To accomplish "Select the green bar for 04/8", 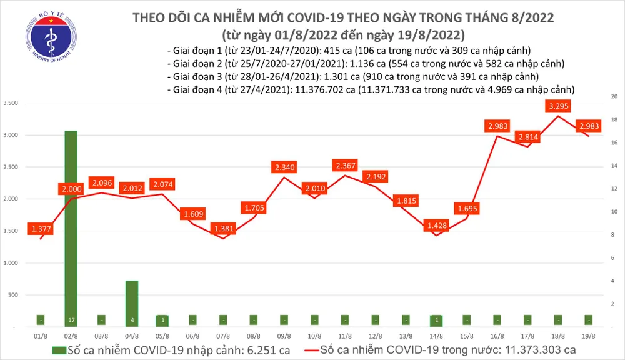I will [132, 303].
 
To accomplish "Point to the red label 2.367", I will [346, 165].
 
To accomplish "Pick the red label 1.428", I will [437, 225].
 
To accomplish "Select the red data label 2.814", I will [529, 136].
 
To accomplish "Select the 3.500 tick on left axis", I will [11, 102].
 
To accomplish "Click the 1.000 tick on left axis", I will [11, 263].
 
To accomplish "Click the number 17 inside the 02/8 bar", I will [71, 321].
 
